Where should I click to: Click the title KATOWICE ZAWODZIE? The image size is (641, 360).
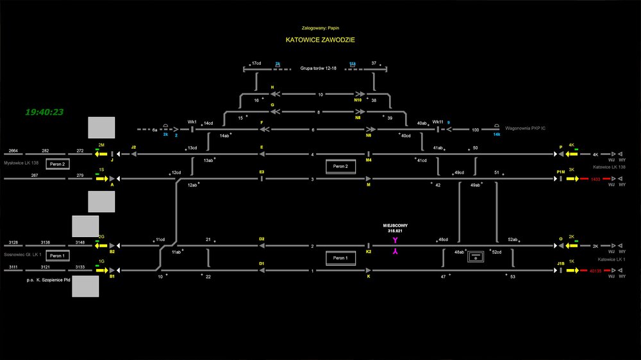click(x=320, y=40)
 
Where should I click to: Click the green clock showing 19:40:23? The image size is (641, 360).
click(x=44, y=112)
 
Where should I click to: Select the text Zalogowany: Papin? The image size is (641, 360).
click(x=320, y=28)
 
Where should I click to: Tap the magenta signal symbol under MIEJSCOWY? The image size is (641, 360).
click(x=395, y=247)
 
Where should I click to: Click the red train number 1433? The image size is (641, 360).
click(x=596, y=179)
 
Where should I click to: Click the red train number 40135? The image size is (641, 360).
click(x=596, y=270)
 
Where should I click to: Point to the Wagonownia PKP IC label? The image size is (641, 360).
click(x=525, y=129)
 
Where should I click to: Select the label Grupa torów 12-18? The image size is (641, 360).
click(x=318, y=68)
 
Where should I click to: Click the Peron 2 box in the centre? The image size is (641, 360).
click(x=340, y=167)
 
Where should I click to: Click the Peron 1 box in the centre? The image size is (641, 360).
click(x=340, y=258)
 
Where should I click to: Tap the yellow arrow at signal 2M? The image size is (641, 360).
click(x=101, y=154)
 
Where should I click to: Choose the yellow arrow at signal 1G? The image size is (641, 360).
click(x=101, y=270)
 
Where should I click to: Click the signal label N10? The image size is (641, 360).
click(x=358, y=101)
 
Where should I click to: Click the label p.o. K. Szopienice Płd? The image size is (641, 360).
click(x=47, y=280)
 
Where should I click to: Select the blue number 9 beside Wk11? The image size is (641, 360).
click(x=449, y=122)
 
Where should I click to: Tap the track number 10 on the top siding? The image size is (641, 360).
click(x=320, y=94)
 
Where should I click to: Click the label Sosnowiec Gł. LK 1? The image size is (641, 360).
click(x=22, y=254)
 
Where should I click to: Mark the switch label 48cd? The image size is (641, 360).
click(x=443, y=240)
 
